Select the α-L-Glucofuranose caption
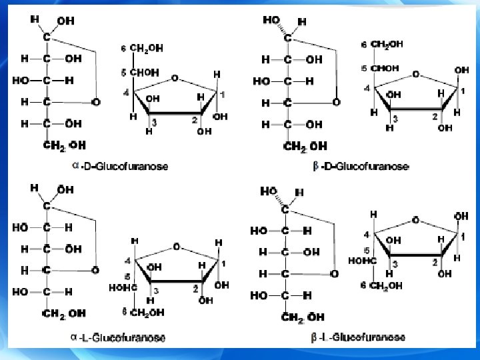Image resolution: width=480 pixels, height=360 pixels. (x=119, y=337)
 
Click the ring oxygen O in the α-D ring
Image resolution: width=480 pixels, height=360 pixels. (x=174, y=78)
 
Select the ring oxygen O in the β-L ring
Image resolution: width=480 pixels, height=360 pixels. (x=416, y=219)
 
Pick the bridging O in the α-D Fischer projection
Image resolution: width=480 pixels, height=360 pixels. (x=95, y=103)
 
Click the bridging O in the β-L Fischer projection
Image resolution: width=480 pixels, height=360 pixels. (x=334, y=274)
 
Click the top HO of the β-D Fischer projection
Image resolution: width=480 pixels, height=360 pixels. (x=272, y=21)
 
